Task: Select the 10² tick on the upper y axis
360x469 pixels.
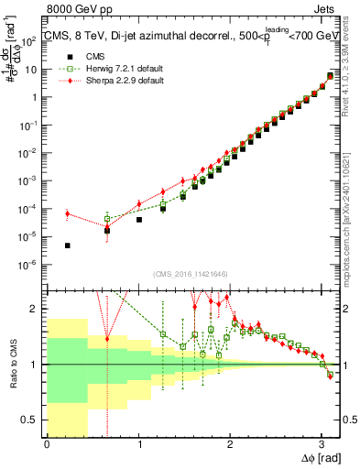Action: (x=32, y=41)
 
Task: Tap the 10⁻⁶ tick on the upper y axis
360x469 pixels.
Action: (x=32, y=265)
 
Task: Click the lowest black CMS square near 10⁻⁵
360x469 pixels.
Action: (x=68, y=245)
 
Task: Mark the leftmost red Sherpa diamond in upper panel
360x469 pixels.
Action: (x=68, y=213)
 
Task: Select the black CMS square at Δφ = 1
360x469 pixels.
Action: (x=139, y=220)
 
